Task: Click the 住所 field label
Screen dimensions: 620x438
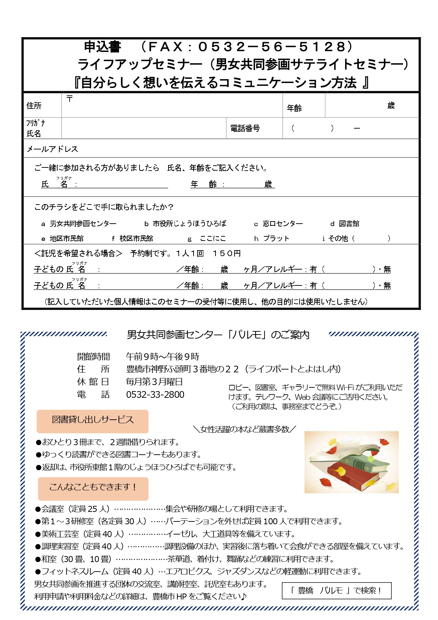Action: [x=34, y=106]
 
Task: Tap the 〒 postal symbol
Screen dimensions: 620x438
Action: [x=70, y=99]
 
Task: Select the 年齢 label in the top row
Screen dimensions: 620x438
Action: [x=294, y=108]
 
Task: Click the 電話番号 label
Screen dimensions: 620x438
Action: [x=245, y=128]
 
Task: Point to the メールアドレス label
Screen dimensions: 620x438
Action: [x=52, y=149]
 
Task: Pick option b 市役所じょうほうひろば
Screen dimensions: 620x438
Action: [x=185, y=224]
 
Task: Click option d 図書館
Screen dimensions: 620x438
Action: [x=345, y=224]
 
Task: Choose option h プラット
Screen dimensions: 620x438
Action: [x=272, y=238]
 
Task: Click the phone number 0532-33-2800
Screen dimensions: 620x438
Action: [x=155, y=395]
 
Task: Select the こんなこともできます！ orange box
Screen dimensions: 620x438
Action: [x=93, y=488]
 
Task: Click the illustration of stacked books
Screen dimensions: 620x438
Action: [x=351, y=462]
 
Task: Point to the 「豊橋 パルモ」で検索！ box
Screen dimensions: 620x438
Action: [x=336, y=591]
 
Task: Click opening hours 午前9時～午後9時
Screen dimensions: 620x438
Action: [x=162, y=356]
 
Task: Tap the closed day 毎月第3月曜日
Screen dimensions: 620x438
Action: [x=154, y=382]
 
